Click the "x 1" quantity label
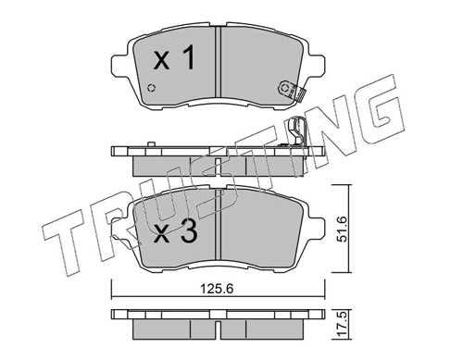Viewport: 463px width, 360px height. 174,61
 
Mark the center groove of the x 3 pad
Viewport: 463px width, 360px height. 219,222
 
